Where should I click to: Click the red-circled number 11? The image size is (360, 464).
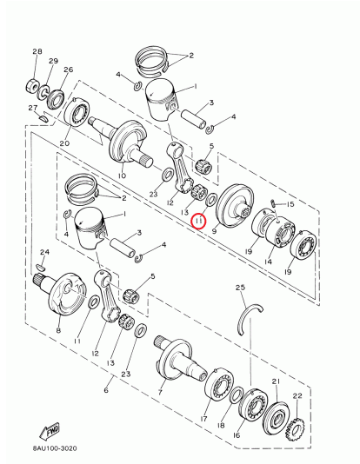coord(198,222)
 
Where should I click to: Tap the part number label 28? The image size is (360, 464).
coord(37,53)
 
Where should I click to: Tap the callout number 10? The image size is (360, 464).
coord(122,176)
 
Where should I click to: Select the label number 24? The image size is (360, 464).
coord(44,252)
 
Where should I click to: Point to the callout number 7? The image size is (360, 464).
coord(160,392)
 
